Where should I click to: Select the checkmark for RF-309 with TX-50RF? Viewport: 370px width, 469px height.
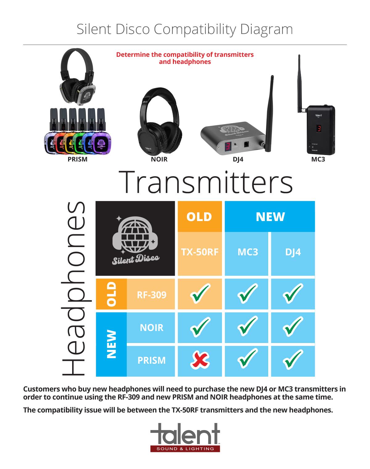(x=200, y=293)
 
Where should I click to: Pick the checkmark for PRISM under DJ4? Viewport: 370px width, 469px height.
(x=293, y=360)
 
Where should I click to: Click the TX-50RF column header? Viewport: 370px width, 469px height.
(x=199, y=252)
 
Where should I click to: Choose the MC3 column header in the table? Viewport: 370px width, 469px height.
(x=248, y=252)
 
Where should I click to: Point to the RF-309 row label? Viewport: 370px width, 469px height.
(x=151, y=295)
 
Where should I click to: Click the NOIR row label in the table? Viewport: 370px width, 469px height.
(x=151, y=328)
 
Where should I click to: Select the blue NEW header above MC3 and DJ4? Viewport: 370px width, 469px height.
(x=270, y=217)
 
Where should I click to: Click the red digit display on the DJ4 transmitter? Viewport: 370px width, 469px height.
(x=228, y=146)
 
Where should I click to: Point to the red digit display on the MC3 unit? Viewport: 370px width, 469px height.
(x=319, y=128)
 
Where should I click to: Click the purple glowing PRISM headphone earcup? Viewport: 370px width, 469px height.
(x=101, y=143)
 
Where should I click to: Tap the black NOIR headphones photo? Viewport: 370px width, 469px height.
(x=159, y=121)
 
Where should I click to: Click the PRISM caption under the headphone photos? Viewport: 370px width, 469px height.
(x=77, y=159)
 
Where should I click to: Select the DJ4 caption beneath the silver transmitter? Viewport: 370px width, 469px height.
(x=238, y=159)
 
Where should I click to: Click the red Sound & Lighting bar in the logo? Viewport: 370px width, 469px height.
(x=185, y=449)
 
